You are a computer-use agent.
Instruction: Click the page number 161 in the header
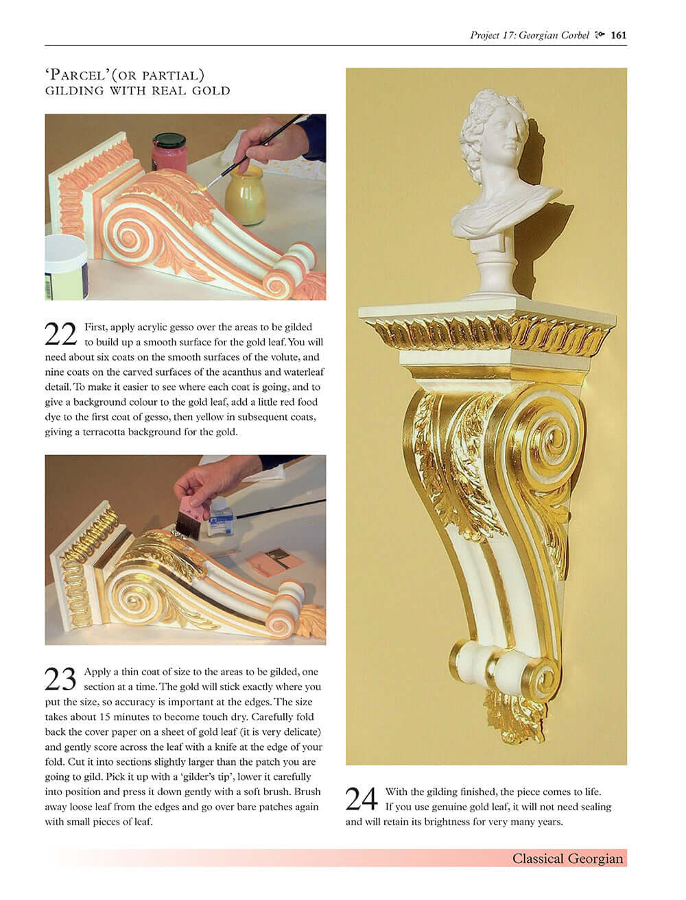pos(619,36)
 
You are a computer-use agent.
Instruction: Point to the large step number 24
pos(362,799)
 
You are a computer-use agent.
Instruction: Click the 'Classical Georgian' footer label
pos(567,858)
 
